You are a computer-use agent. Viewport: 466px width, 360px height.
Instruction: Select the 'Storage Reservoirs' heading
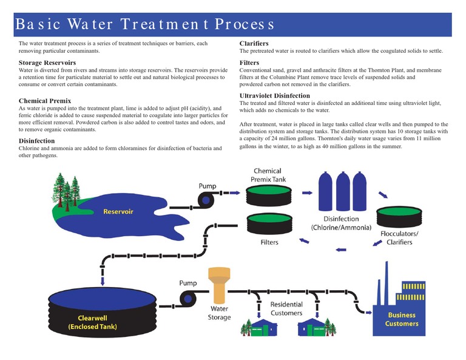(47, 63)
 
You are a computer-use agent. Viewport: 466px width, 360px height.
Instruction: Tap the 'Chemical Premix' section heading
(45, 101)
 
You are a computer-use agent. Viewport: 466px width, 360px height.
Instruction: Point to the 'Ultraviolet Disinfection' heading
(274, 96)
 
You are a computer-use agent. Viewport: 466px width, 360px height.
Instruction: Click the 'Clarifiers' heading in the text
(254, 44)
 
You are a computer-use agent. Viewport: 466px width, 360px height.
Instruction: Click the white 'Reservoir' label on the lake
(118, 212)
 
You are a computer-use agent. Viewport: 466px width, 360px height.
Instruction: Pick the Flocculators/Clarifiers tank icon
(397, 216)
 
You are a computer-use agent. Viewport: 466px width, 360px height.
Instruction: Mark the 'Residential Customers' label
(286, 308)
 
